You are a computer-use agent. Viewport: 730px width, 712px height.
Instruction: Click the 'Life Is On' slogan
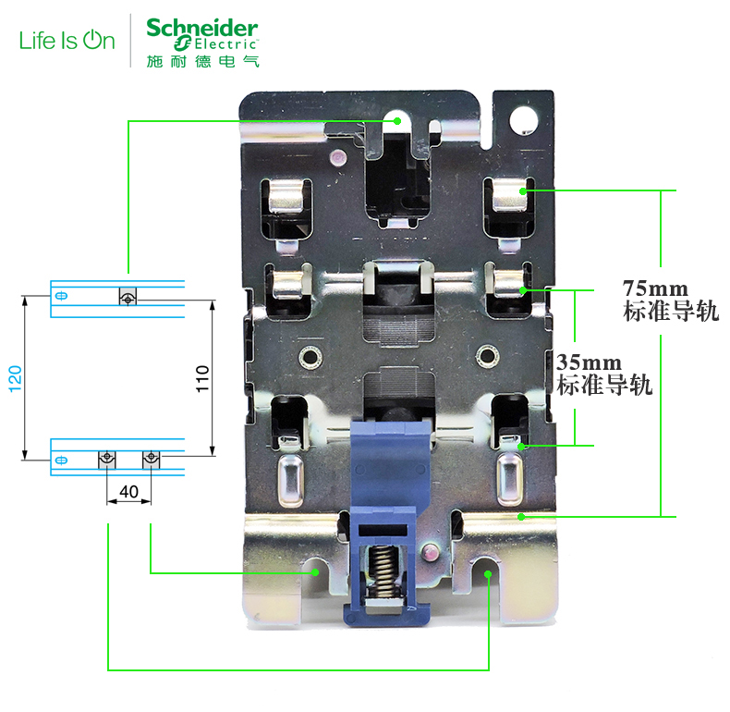coord(67,41)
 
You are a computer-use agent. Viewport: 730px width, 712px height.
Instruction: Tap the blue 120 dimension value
coord(16,378)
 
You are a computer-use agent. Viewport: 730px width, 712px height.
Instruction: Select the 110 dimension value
coord(203,379)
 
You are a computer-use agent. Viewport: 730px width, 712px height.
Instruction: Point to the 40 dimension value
coord(129,492)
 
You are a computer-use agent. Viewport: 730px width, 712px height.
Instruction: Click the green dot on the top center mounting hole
coord(397,121)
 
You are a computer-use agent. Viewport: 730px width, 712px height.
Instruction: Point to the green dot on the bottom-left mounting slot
coord(316,572)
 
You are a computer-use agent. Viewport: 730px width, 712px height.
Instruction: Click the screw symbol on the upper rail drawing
coord(128,298)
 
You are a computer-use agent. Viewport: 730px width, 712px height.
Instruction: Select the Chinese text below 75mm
coord(671,312)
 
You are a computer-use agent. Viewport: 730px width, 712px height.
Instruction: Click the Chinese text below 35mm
coord(604,386)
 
